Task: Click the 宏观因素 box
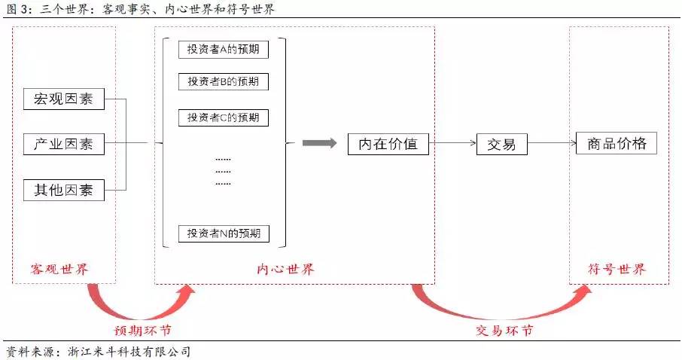click(x=64, y=99)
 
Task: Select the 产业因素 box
click(x=64, y=144)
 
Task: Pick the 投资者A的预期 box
click(x=224, y=49)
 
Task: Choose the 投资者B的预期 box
click(x=224, y=81)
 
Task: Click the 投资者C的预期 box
click(x=224, y=117)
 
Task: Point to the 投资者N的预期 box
click(x=224, y=233)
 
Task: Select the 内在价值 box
click(x=388, y=143)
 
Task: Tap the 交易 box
click(x=502, y=144)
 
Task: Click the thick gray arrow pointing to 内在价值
click(x=320, y=143)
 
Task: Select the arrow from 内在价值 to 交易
click(x=452, y=143)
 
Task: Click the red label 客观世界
click(x=64, y=269)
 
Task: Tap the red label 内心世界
click(x=285, y=269)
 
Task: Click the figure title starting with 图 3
click(x=140, y=10)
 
